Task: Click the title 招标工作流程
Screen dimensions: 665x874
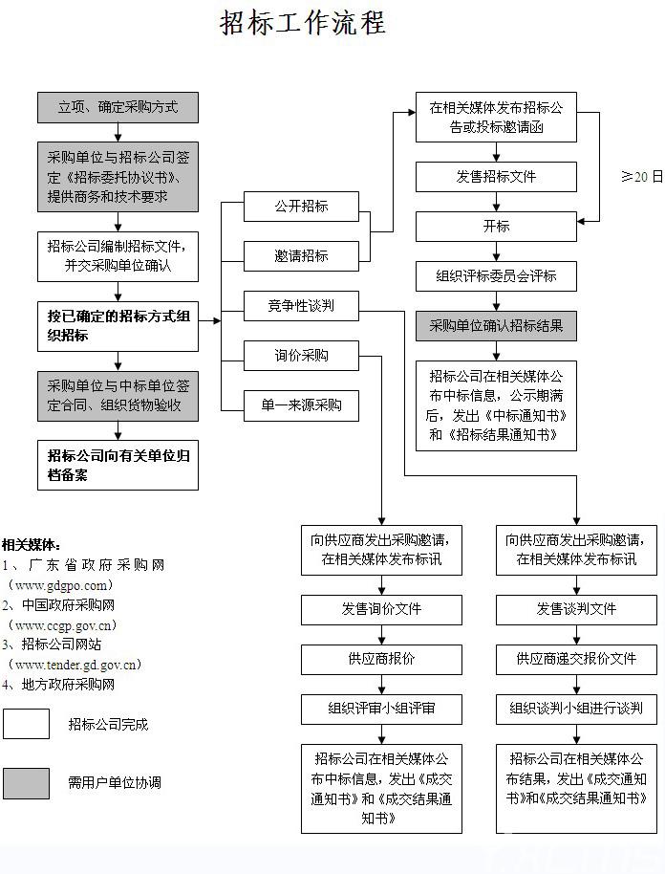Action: coord(303,23)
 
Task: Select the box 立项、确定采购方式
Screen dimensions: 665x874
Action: coord(118,108)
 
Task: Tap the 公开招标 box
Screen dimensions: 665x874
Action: coord(301,207)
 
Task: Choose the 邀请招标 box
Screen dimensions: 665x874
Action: coord(301,256)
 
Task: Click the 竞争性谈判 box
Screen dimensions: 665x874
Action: coord(301,305)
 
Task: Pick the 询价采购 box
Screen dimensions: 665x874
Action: coord(301,355)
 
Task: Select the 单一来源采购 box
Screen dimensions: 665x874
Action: coord(301,405)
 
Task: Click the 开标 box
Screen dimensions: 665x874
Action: coord(496,227)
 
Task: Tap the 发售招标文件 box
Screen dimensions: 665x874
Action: coord(496,177)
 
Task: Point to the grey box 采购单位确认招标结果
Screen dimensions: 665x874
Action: coord(496,325)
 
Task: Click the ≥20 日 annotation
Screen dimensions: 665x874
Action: coord(642,177)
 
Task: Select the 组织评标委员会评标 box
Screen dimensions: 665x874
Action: coord(496,276)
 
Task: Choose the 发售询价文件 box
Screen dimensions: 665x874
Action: coord(381,610)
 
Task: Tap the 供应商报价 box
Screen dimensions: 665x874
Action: coord(381,660)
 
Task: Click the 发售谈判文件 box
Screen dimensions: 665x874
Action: coord(576,610)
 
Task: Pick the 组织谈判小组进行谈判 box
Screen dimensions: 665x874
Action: coord(576,709)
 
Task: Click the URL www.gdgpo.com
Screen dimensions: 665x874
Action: coord(61,586)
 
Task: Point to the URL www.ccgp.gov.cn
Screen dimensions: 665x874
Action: coord(62,625)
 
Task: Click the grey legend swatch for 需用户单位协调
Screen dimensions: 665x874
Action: coord(26,783)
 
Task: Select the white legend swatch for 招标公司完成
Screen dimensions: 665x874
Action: coord(26,724)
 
